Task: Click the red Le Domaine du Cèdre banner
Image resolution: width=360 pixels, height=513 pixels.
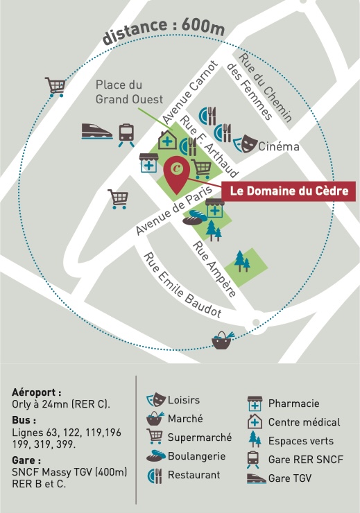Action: point(289,191)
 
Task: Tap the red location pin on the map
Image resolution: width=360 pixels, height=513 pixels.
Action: point(177,173)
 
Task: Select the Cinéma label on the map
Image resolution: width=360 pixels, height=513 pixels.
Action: point(279,146)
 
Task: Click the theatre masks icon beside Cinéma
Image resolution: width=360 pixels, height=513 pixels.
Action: point(245,144)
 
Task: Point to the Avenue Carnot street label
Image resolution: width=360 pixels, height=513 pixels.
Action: point(190,92)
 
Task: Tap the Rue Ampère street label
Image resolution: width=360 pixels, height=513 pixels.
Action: point(214,269)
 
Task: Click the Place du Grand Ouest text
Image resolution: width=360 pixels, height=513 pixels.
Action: point(129,92)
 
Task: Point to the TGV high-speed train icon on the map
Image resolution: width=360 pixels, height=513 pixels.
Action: point(96,132)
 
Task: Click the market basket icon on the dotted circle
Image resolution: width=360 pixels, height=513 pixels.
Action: point(223,340)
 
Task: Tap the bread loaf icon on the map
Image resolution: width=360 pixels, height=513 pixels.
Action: point(194,218)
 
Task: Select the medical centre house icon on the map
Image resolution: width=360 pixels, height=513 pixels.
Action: point(168,139)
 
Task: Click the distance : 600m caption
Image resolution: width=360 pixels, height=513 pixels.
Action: point(164,31)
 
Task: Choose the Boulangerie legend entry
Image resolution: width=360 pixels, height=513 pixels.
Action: point(186,456)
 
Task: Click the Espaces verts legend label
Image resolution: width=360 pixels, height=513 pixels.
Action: point(301,441)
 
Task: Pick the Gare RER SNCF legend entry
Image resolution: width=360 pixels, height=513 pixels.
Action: point(295,460)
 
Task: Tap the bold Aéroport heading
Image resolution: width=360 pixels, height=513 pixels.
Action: point(36,392)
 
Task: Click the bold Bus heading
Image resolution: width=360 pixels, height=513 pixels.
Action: point(24,420)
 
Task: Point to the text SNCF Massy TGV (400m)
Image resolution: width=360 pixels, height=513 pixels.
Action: point(69,472)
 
